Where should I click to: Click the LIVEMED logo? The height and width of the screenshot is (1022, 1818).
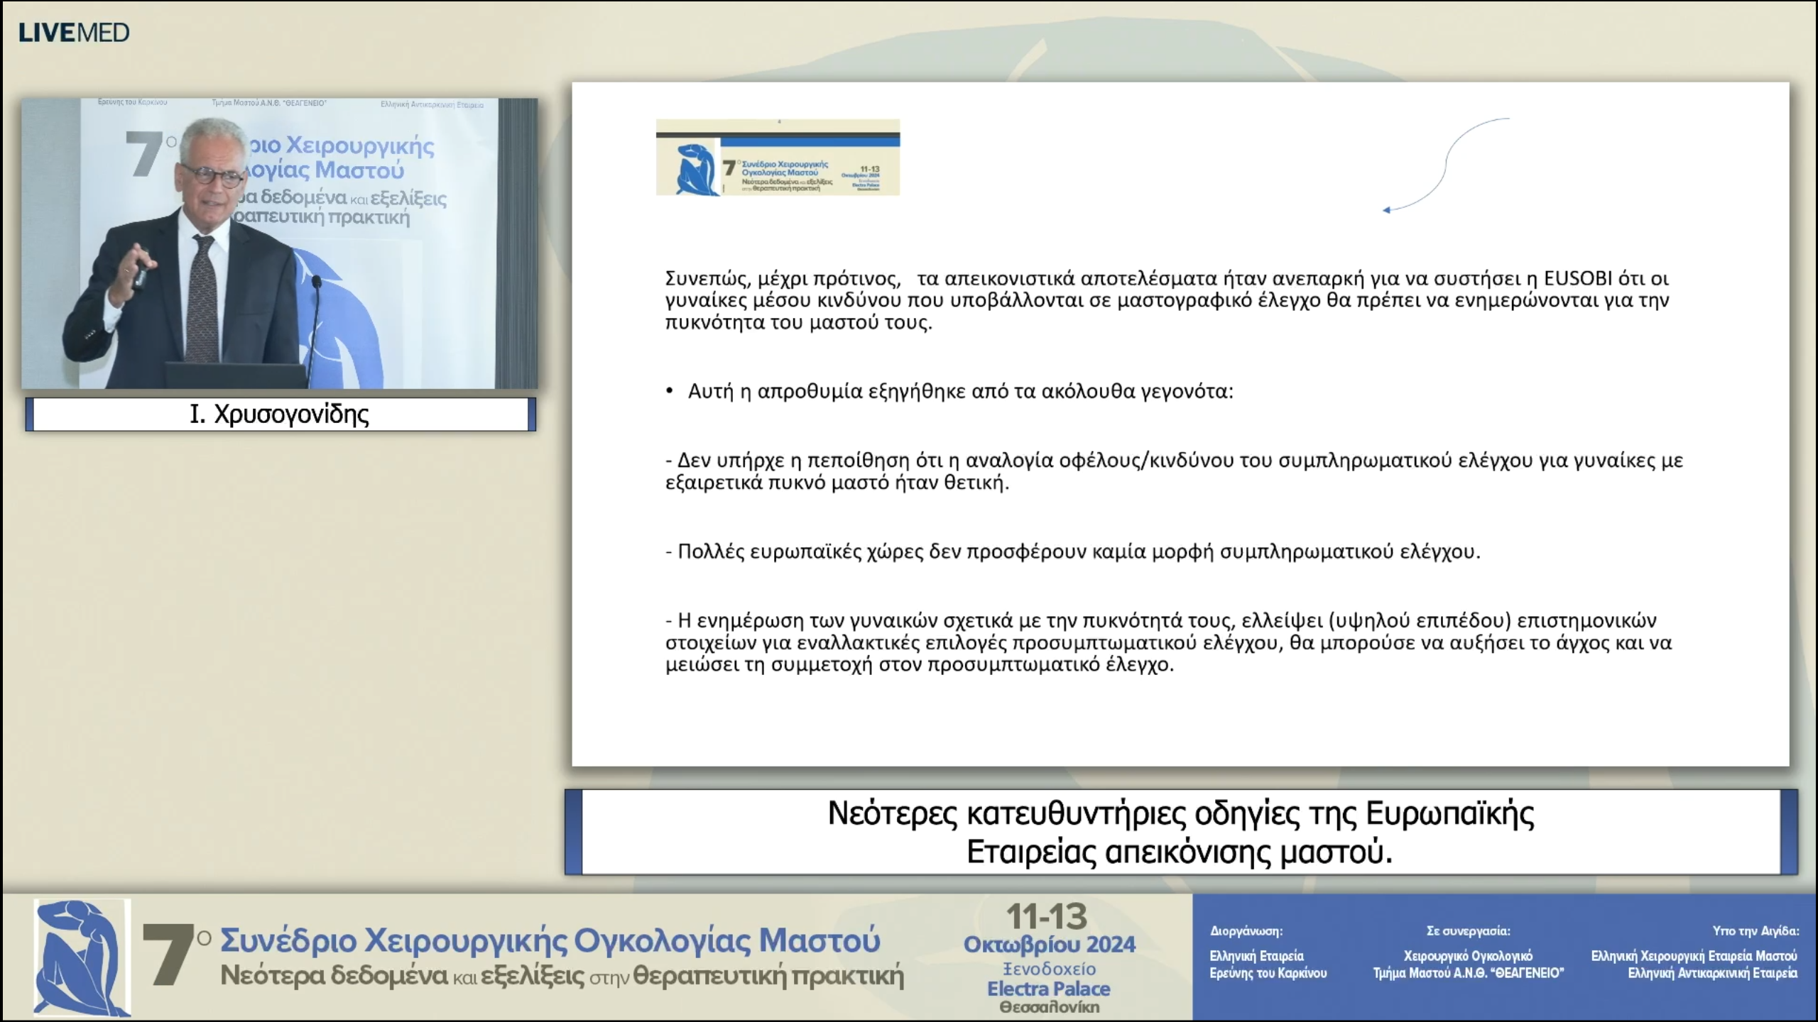click(74, 33)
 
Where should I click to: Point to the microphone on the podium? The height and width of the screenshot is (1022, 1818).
click(317, 283)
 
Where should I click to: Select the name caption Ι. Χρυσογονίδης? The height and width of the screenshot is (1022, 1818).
click(280, 414)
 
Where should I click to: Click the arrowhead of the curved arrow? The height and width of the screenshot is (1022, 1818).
click(1386, 210)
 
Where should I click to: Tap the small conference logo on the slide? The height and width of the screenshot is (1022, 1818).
click(778, 158)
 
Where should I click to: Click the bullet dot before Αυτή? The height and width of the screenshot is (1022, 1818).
click(669, 391)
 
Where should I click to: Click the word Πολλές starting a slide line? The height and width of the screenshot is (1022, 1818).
click(707, 552)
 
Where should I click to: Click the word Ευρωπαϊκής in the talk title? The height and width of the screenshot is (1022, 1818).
click(1449, 813)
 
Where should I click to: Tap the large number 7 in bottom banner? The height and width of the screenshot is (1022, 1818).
click(168, 956)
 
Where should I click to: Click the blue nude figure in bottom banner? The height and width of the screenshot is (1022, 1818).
click(82, 956)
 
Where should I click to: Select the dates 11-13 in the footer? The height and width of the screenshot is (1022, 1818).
click(1047, 917)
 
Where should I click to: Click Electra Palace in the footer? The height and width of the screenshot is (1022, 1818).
click(1048, 989)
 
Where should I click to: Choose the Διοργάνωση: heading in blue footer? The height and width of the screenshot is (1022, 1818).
click(1246, 931)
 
